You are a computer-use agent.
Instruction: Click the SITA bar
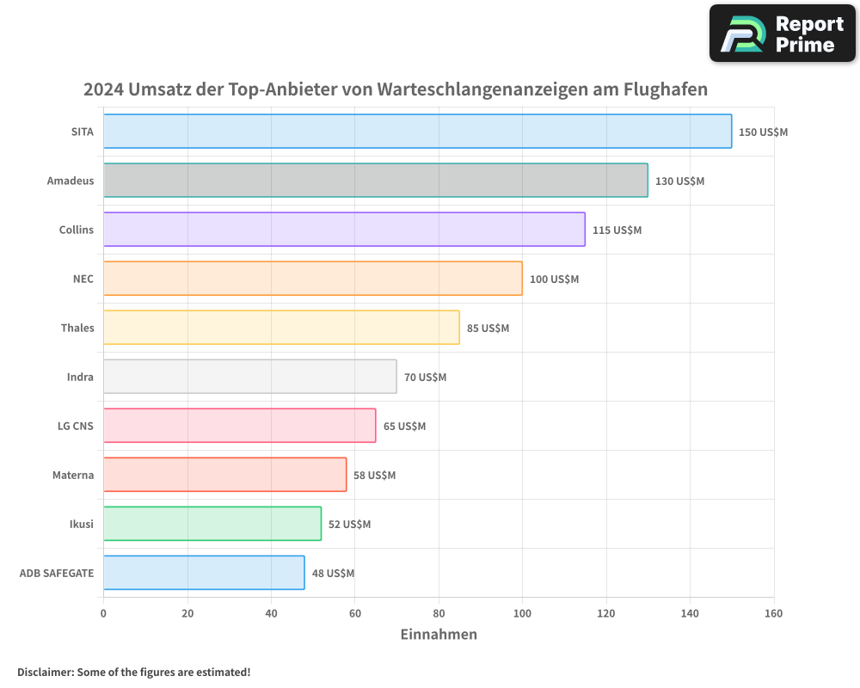[417, 132]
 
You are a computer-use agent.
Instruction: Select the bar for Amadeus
[375, 181]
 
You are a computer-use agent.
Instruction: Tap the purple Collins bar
[344, 230]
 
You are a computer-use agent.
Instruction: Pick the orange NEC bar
[312, 279]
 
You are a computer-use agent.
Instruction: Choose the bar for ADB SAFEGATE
[204, 573]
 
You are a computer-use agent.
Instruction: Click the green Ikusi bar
[212, 524]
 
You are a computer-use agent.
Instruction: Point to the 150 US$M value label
[763, 132]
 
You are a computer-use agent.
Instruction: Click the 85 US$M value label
[488, 329]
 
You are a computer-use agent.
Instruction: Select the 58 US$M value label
[374, 476]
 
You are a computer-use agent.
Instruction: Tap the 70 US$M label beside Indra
[425, 378]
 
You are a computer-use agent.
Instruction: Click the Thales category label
[77, 328]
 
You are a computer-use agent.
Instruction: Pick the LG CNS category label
[76, 426]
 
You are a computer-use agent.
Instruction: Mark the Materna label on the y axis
[73, 475]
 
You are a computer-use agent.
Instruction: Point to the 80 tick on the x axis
[439, 613]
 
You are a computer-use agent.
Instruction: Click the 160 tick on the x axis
[773, 613]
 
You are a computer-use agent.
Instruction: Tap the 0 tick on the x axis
[103, 613]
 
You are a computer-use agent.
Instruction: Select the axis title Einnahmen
[439, 635]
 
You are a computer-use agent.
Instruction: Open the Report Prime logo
[783, 34]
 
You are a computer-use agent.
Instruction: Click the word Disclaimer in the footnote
[45, 672]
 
